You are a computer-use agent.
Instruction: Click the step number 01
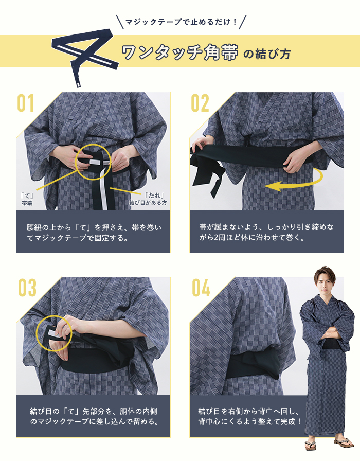point(26,103)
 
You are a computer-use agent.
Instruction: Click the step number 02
point(200,103)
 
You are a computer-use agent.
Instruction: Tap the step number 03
point(27,288)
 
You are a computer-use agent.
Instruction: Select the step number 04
point(201,288)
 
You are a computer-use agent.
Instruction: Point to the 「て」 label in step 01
point(27,196)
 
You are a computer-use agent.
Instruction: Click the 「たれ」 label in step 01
point(154,196)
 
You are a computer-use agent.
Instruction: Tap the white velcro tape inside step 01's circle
point(96,162)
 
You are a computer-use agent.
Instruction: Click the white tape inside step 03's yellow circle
point(53,333)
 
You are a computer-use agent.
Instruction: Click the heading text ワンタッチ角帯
point(179,52)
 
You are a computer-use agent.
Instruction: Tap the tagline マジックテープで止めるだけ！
point(181,22)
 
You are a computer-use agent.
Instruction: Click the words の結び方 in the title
point(267,54)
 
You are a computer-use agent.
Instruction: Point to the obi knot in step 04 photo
point(259,365)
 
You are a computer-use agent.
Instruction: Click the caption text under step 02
point(266,232)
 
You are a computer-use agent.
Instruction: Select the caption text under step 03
point(94,416)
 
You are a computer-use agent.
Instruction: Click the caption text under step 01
point(94,232)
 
